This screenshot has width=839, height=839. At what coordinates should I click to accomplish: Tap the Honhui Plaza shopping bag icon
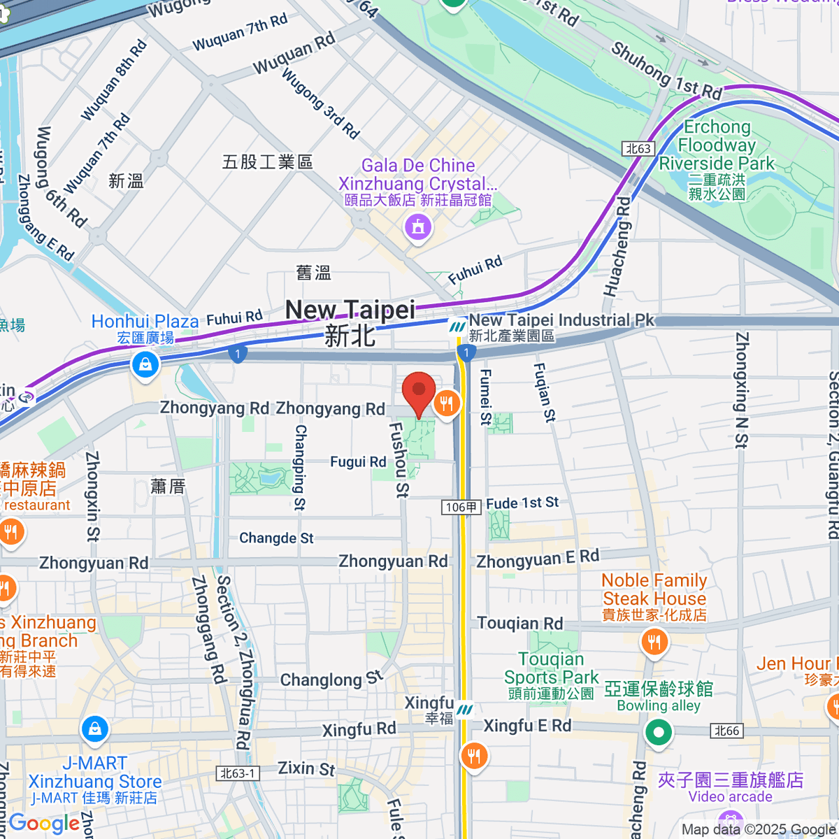pyautogui.click(x=145, y=364)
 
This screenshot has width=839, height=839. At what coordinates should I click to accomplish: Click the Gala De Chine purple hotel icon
pyautogui.click(x=418, y=227)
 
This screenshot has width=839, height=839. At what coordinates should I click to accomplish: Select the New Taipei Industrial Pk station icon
pyautogui.click(x=458, y=327)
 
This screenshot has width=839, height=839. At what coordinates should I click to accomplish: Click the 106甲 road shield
pyautogui.click(x=461, y=506)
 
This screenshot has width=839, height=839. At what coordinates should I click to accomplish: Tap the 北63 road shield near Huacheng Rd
pyautogui.click(x=638, y=148)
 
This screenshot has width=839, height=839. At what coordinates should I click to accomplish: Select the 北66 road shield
pyautogui.click(x=726, y=731)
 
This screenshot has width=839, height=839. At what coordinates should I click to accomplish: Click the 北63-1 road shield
pyautogui.click(x=238, y=773)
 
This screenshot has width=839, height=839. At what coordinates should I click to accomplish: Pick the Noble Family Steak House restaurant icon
pyautogui.click(x=654, y=641)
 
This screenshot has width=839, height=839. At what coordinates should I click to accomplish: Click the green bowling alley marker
pyautogui.click(x=658, y=733)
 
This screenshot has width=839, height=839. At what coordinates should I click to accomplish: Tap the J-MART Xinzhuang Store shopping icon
pyautogui.click(x=94, y=730)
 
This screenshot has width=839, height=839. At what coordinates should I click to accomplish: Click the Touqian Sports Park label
pyautogui.click(x=551, y=668)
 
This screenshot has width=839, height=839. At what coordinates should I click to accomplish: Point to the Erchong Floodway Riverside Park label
pyautogui.click(x=717, y=145)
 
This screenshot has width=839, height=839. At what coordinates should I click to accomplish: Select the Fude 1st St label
pyautogui.click(x=522, y=503)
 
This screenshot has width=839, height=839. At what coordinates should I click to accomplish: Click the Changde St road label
pyautogui.click(x=276, y=538)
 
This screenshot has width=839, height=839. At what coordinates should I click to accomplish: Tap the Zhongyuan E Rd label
pyautogui.click(x=537, y=559)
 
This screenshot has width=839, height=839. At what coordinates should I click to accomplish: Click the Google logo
pyautogui.click(x=43, y=823)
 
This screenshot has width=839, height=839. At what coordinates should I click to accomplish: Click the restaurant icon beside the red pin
pyautogui.click(x=447, y=403)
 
